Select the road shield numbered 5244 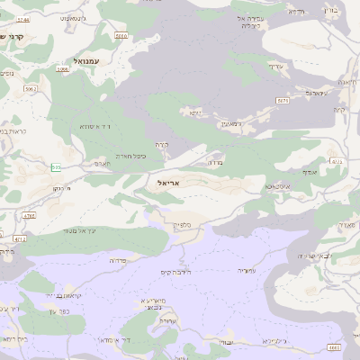[x=23, y=18]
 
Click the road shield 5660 [x=121, y=35]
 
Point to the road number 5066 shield [x=62, y=68]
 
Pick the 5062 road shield [x=31, y=89]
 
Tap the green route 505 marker [x=56, y=167]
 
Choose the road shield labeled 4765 [x=29, y=216]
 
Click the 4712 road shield [x=20, y=239]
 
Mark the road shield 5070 [x=283, y=101]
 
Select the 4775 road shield [x=337, y=162]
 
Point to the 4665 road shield [x=334, y=346]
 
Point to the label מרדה [x=215, y=163]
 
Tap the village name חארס [x=100, y=164]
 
